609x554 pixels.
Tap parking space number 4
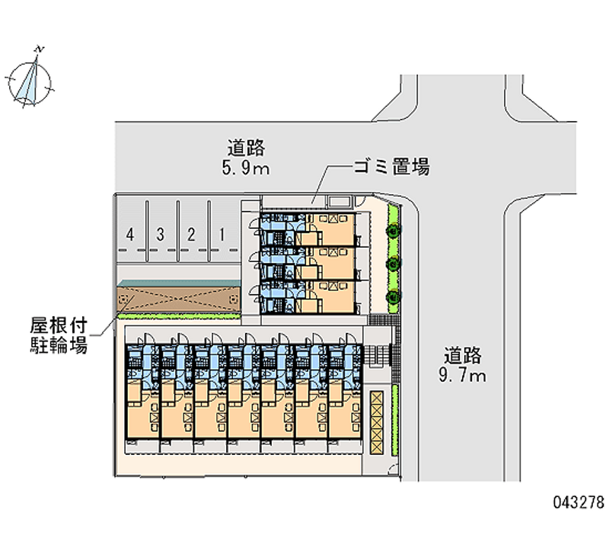pyautogui.click(x=131, y=234)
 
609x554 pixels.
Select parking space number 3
pyautogui.click(x=161, y=234)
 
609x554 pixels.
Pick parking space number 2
pyautogui.click(x=191, y=234)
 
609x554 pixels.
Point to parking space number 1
pyautogui.click(x=222, y=234)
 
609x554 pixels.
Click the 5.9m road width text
pyautogui.click(x=246, y=168)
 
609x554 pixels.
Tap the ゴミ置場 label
pyautogui.click(x=391, y=167)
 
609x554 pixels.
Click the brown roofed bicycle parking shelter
pyautogui.click(x=180, y=298)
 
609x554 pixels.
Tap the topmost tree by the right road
pyautogui.click(x=392, y=228)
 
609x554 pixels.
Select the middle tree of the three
pyautogui.click(x=392, y=263)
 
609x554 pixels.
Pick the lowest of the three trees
pyautogui.click(x=392, y=296)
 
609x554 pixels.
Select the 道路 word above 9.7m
pyautogui.click(x=464, y=354)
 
